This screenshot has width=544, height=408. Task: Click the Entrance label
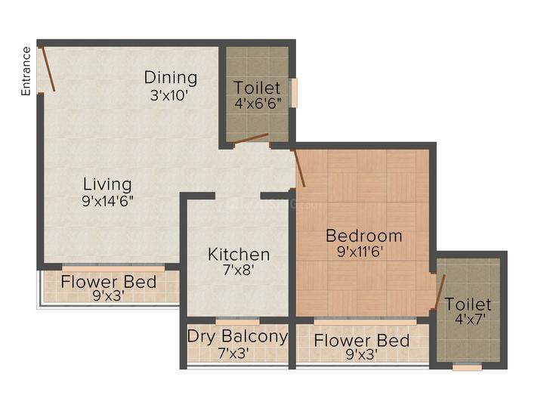(26, 71)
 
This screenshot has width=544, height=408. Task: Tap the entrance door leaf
(48, 69)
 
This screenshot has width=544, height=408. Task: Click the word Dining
(171, 77)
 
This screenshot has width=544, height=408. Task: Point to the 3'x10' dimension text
(169, 94)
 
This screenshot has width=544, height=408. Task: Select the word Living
(107, 184)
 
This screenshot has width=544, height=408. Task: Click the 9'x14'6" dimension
(107, 200)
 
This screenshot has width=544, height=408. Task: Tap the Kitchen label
(239, 255)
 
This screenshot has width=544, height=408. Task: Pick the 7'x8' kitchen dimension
(238, 270)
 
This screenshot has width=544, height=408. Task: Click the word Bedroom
(364, 236)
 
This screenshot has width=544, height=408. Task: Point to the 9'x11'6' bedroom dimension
(360, 251)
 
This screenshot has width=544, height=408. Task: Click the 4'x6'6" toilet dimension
(258, 103)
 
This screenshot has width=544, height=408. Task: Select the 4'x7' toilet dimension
(469, 319)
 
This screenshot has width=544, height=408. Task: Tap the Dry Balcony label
(238, 336)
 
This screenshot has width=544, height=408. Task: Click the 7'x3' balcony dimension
(233, 353)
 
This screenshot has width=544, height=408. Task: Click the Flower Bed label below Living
(108, 282)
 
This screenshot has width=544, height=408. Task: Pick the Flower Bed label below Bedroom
(361, 340)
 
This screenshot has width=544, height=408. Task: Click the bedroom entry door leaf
(299, 168)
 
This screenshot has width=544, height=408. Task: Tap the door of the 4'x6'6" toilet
(251, 138)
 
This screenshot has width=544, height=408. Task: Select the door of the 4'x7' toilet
(440, 292)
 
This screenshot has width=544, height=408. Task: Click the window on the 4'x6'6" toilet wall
(295, 93)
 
